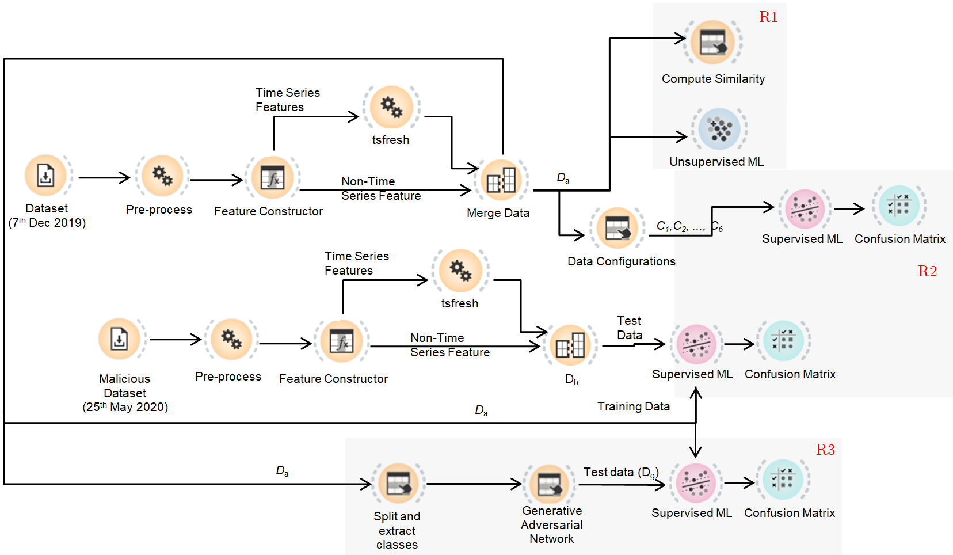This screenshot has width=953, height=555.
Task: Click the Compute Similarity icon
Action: [712, 42]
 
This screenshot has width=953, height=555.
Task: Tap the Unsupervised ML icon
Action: [719, 129]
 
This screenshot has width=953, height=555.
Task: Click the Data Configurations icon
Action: [617, 228]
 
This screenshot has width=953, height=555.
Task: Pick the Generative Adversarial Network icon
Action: [550, 484]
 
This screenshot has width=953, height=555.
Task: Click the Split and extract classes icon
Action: [398, 484]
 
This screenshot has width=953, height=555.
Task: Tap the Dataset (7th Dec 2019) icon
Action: [46, 175]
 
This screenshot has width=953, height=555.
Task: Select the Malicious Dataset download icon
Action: [120, 339]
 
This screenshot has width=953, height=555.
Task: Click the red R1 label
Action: [768, 17]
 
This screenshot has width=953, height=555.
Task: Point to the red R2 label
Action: [927, 271]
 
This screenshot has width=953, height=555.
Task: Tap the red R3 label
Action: [825, 450]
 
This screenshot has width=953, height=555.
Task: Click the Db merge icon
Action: [570, 345]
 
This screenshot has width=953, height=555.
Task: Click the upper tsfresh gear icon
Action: [391, 107]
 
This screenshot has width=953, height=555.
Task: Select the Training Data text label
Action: [633, 406]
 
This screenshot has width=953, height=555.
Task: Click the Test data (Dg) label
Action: [620, 472]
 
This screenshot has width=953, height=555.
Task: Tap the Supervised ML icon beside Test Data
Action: [696, 344]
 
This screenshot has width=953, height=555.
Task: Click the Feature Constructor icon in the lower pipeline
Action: [341, 342]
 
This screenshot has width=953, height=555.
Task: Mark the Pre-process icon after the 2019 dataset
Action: [162, 176]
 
